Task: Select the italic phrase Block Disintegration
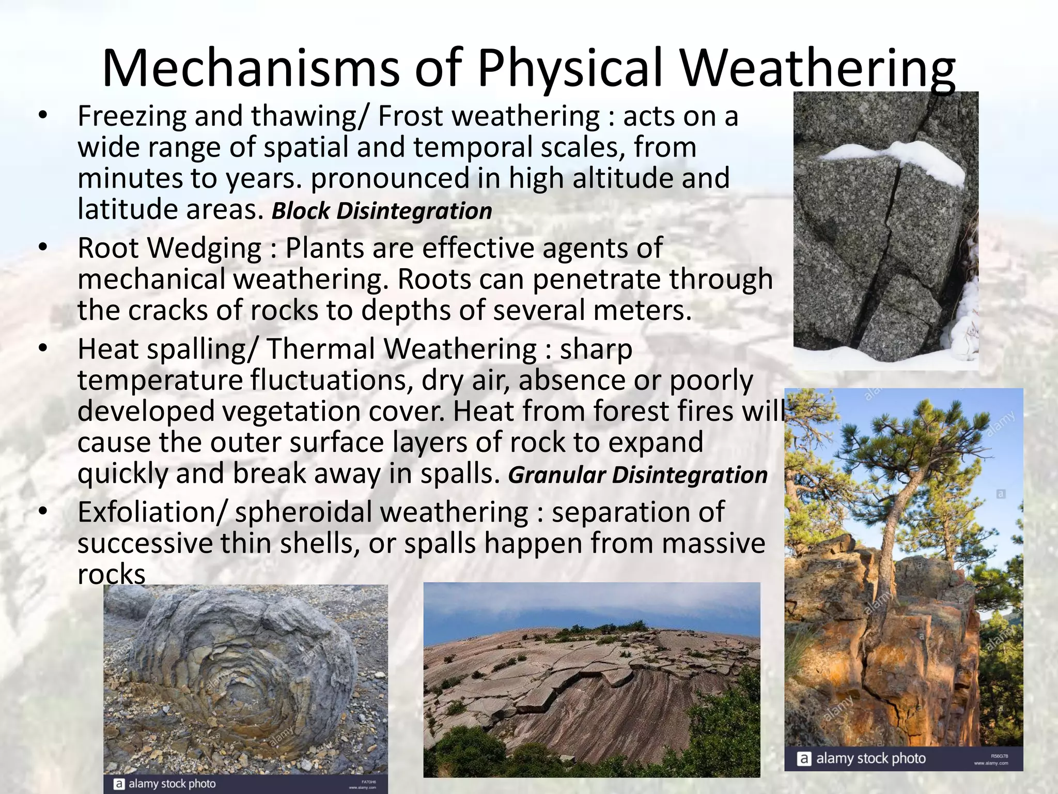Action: tap(381, 211)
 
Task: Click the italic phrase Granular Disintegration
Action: tap(637, 475)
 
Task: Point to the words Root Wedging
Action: tap(169, 249)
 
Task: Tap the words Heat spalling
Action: tap(166, 349)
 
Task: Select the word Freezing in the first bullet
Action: tap(132, 117)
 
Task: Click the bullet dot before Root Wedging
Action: tap(43, 247)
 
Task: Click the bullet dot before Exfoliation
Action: tap(43, 511)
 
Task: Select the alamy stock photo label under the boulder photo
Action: tap(172, 784)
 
